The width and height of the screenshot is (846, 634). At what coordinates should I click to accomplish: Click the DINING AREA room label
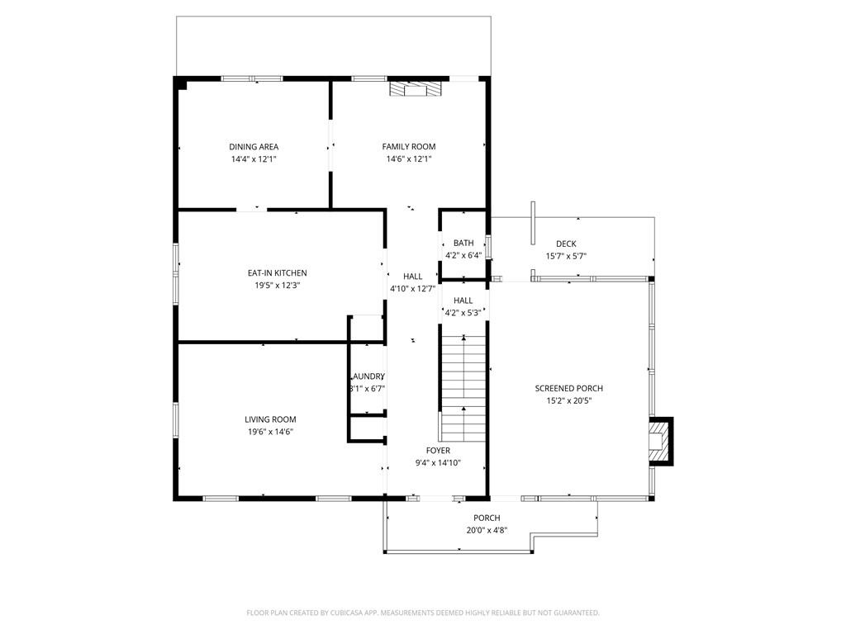[254, 147]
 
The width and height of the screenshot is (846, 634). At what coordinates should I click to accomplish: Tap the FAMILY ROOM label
[408, 147]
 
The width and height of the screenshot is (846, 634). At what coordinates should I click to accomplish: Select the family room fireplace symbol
[416, 89]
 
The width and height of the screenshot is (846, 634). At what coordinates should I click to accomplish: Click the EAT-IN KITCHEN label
[277, 273]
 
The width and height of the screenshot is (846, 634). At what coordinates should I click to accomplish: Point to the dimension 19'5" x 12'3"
[277, 286]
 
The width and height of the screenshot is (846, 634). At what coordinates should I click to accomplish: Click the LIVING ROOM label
[269, 419]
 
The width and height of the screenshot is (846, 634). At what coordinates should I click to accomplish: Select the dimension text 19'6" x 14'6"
[269, 432]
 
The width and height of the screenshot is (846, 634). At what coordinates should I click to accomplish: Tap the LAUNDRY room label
[368, 376]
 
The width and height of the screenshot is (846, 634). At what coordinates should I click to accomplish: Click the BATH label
[463, 244]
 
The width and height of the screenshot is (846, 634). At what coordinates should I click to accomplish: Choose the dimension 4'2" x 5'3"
[463, 313]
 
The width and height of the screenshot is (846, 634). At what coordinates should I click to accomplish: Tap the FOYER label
[438, 451]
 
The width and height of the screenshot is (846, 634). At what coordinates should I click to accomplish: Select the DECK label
[566, 244]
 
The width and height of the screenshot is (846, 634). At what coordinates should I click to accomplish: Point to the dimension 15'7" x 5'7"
[566, 256]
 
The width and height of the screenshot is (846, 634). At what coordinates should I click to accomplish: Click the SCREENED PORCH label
[568, 389]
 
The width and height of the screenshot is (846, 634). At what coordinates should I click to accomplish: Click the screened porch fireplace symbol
[660, 441]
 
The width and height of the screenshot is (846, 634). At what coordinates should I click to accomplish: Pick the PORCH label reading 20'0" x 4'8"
[487, 518]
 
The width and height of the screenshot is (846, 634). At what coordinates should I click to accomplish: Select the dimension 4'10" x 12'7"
[412, 289]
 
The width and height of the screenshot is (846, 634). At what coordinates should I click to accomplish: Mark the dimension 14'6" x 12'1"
[408, 158]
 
